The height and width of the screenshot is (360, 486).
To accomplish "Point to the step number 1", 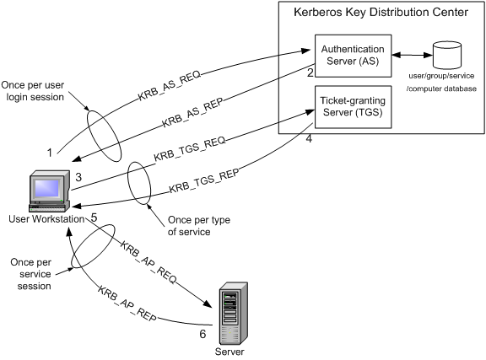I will point(50,153).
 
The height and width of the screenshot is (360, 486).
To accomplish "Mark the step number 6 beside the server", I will point(202,335).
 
